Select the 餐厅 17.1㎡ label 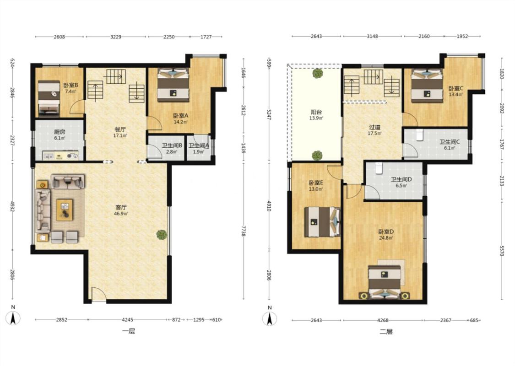pyautogui.click(x=120, y=132)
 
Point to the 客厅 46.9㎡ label pyautogui.click(x=121, y=210)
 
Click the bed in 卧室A pyautogui.click(x=173, y=85)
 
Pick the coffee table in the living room pyautogui.click(x=65, y=210)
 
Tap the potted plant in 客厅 pyautogui.click(x=162, y=234)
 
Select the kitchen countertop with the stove pyautogui.click(x=60, y=155)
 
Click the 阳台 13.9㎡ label pyautogui.click(x=316, y=115)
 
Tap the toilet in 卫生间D pyautogui.click(x=379, y=168)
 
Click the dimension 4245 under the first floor pyautogui.click(x=127, y=320)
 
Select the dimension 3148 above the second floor pyautogui.click(x=373, y=37)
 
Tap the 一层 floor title pyautogui.click(x=129, y=331)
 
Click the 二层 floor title pyautogui.click(x=386, y=332)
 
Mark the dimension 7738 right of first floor pyautogui.click(x=244, y=231)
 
